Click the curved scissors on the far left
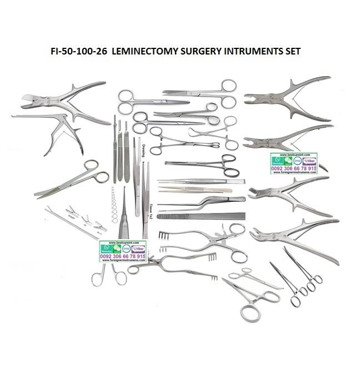[x=72, y=179]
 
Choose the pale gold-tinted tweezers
[x=194, y=190]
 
